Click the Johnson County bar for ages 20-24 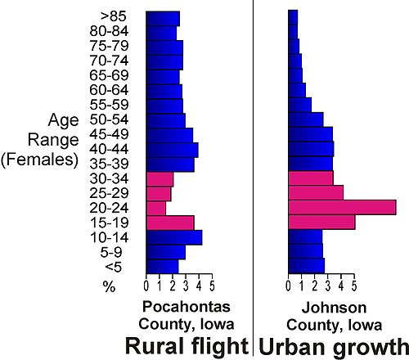coord(342,207)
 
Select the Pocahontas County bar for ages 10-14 coord(173,237)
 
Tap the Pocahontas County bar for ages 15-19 coord(169,223)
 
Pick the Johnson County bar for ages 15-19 coord(321,222)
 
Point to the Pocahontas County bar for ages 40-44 coord(172,150)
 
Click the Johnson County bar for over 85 coord(293,18)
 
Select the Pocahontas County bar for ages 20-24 coord(155,208)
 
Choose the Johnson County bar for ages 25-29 coord(316,193)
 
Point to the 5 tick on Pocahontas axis coord(212,286)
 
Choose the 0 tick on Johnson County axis coord(289,286)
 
